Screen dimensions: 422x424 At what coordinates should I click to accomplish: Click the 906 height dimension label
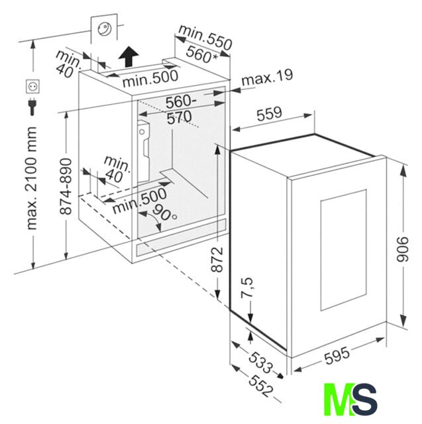pyautogui.click(x=403, y=249)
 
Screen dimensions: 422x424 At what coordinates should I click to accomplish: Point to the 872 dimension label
pyautogui.click(x=217, y=259)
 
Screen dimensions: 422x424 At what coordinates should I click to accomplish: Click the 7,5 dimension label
pyautogui.click(x=248, y=288)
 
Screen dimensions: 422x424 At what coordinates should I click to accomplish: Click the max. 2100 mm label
pyautogui.click(x=31, y=178)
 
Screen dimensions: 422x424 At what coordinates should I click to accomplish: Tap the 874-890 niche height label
pyautogui.click(x=66, y=187)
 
